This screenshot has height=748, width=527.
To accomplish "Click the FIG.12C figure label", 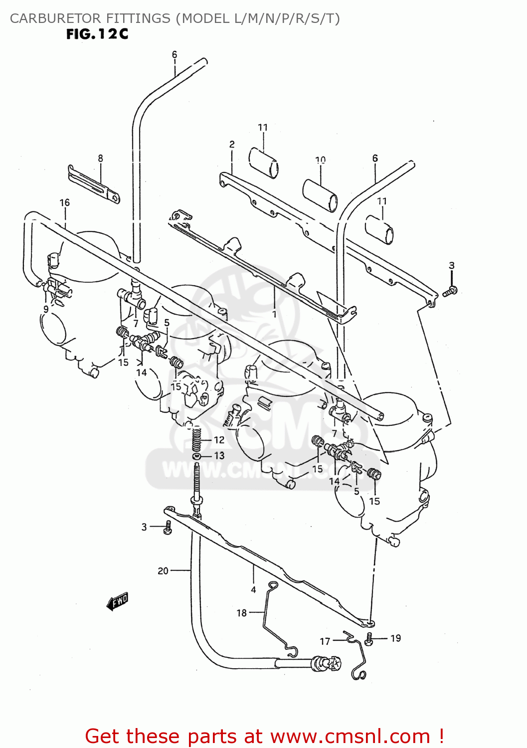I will click(97, 34).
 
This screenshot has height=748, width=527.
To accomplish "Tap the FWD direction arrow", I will click(118, 601).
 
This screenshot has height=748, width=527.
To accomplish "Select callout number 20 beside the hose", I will click(163, 570).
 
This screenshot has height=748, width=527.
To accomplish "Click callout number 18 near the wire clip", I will click(242, 613).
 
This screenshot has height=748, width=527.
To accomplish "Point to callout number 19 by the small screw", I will click(395, 638).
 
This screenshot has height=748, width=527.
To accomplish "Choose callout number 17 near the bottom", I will click(325, 641).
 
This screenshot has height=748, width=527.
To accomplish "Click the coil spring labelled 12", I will click(197, 439).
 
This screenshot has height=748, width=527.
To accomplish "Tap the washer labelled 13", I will click(197, 456).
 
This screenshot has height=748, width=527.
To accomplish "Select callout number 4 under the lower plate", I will click(253, 590).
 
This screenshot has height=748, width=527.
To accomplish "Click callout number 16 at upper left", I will click(65, 202).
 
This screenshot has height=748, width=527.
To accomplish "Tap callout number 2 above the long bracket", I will click(232, 144).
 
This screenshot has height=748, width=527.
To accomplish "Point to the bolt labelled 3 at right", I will click(450, 291).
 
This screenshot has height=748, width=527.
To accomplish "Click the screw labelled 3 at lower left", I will click(168, 528).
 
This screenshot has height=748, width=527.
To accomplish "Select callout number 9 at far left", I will click(46, 309).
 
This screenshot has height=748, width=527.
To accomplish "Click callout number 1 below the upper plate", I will click(274, 314).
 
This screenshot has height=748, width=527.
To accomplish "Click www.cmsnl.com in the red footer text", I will click(350, 736).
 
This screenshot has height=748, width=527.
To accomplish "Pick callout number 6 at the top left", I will click(175, 54).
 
